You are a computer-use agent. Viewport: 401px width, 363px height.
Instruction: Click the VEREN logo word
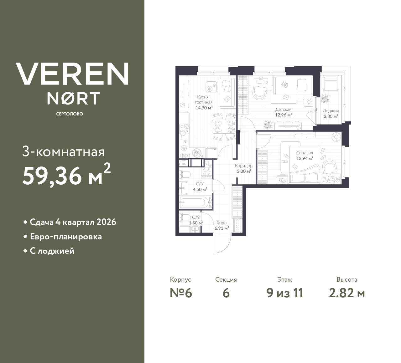[72, 74]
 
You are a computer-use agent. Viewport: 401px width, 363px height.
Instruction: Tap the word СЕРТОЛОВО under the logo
[70, 114]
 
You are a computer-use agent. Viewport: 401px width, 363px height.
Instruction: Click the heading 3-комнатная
[64, 152]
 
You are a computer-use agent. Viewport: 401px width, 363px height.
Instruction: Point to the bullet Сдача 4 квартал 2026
[73, 222]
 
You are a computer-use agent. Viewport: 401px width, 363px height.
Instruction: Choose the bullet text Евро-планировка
[66, 237]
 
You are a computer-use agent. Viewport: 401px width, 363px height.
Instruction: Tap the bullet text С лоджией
[52, 251]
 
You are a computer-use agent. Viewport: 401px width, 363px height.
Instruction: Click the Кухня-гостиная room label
[204, 100]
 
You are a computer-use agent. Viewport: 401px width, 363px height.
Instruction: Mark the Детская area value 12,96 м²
[283, 115]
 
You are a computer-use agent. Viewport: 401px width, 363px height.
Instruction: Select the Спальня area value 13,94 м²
[305, 158]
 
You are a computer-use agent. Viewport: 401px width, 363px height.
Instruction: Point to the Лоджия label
[331, 111]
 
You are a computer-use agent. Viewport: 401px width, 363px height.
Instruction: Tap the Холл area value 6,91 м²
[221, 228]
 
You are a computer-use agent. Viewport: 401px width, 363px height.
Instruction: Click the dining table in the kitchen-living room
[224, 126]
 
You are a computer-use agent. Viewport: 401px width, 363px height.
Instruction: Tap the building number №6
[180, 293]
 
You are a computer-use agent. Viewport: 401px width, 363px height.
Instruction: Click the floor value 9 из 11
[284, 293]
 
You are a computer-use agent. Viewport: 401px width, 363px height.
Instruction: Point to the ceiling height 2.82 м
[347, 293]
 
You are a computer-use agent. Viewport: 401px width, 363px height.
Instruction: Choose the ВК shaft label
[184, 163]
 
